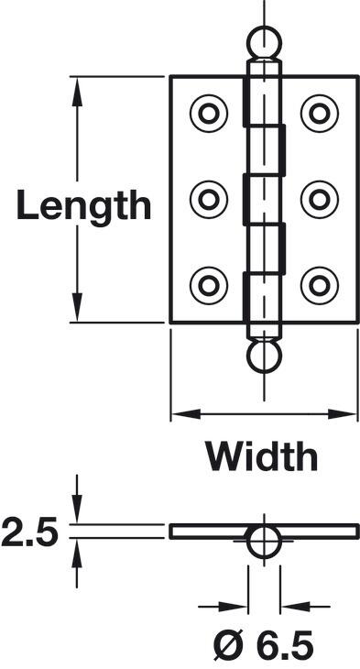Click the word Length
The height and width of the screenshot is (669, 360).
pos(83,205)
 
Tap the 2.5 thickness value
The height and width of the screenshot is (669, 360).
pos(29,532)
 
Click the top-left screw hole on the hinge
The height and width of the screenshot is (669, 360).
pos(209,114)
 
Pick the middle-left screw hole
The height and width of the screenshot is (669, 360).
pos(209,199)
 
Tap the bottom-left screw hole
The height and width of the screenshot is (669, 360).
pos(209,285)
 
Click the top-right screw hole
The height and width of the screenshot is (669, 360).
pos(320,114)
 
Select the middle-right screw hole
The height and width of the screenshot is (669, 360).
pos(320,199)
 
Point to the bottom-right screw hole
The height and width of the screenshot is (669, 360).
pos(320,285)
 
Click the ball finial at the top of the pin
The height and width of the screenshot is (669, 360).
pos(264,43)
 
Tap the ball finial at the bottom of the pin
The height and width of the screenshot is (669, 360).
pos(264,356)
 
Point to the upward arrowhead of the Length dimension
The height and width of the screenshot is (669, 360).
pos(77,92)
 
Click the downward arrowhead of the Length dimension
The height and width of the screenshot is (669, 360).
pos(77,307)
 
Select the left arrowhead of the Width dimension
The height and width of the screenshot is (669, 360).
pos(186,414)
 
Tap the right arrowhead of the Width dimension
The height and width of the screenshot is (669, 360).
pos(342,414)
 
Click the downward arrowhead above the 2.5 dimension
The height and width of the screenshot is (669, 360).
pos(77,509)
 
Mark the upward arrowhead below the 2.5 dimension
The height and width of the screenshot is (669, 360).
pos(77,554)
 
